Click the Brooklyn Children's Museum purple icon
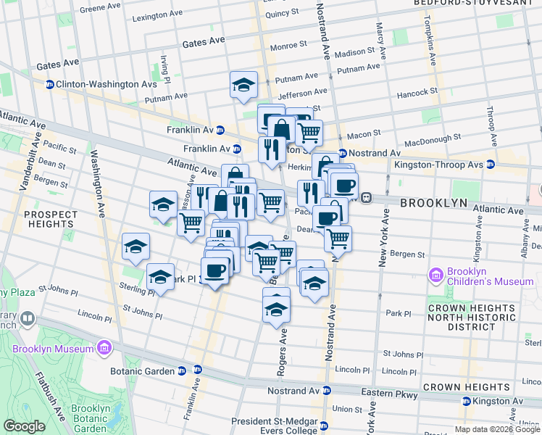click(436, 275)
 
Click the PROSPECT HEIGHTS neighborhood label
click(51, 220)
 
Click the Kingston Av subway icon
click(467, 401)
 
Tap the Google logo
click(24, 427)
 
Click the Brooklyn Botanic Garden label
click(91, 418)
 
